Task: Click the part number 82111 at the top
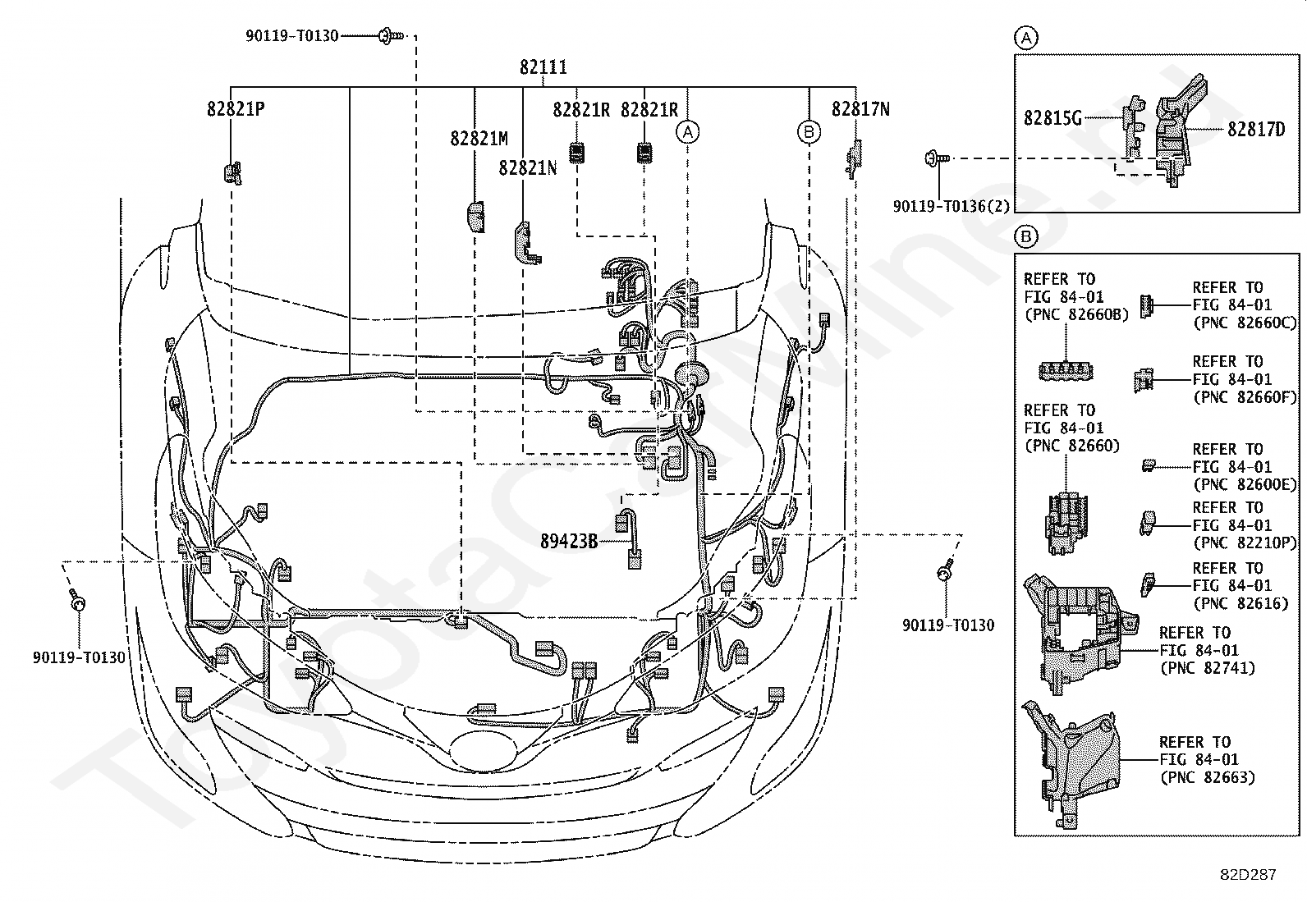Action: pos(543,67)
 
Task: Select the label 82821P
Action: pos(236,109)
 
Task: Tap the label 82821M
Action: pos(479,138)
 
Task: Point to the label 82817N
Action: pos(860,109)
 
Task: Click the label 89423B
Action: pos(569,542)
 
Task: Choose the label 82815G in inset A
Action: pos(1053,118)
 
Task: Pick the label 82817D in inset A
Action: pos(1256,129)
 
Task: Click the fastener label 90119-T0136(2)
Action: pos(951,206)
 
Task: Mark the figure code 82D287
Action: pos(1248,874)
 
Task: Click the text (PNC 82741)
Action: pos(1207,667)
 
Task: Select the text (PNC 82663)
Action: pos(1207,777)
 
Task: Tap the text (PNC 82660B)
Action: pos(1076,314)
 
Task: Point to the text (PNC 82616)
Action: pos(1241,603)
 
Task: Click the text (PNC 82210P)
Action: pos(1245,543)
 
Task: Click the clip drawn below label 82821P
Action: pos(233,172)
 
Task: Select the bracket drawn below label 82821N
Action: pos(527,243)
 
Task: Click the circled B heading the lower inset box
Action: pos(1026,237)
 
